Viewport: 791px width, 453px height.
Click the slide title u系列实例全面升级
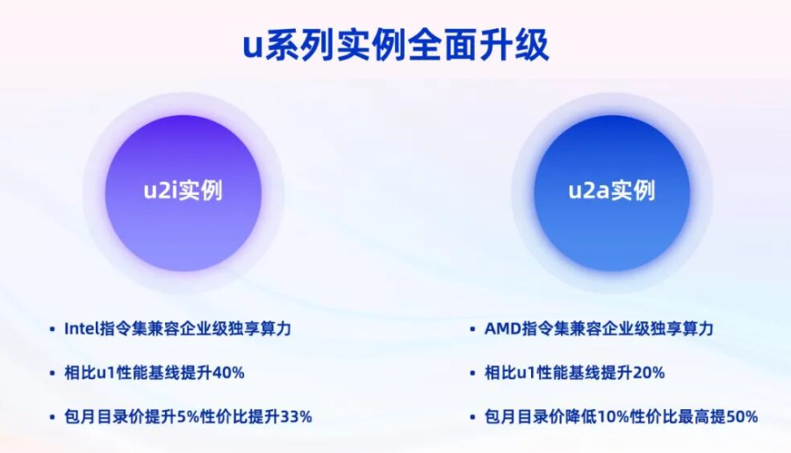396,46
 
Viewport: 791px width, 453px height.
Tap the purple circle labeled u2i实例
183,193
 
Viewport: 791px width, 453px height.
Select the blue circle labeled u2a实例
612,193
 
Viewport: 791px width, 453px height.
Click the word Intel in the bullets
82,329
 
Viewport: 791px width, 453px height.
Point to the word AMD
503,329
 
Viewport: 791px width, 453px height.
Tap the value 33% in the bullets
296,417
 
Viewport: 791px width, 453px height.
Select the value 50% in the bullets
742,417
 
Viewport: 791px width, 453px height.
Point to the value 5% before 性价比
189,417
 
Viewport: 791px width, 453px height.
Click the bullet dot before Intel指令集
52,329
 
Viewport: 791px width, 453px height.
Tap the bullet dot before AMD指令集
472,329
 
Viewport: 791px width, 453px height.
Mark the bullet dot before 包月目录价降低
472,417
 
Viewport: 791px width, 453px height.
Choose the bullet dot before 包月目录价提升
52,417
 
